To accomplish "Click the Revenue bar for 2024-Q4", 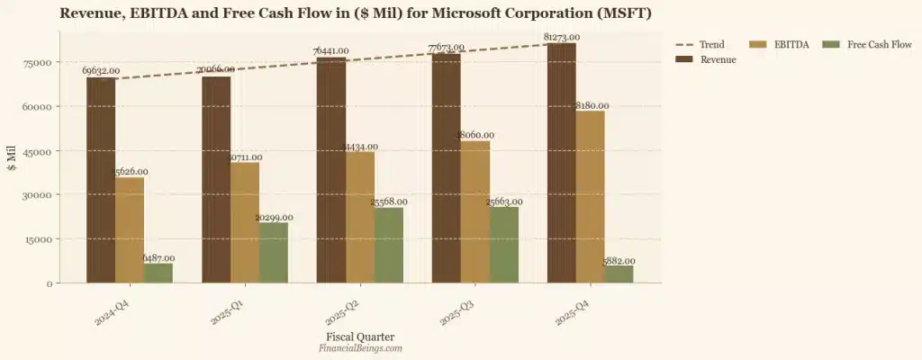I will [x=101, y=180].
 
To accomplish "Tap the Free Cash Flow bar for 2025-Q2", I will [x=389, y=245].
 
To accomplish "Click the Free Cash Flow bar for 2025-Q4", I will [x=619, y=274].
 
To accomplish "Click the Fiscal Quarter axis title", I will [x=360, y=337].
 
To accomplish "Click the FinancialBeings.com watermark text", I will [x=360, y=347].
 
